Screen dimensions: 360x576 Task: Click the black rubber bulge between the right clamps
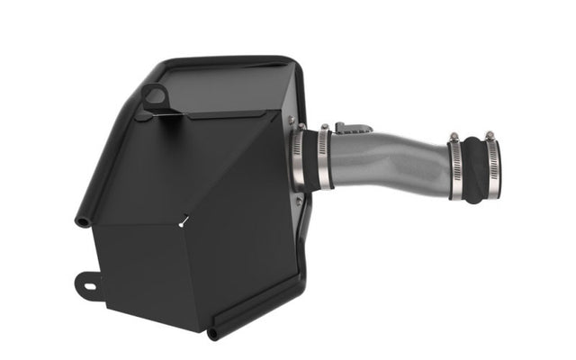[x=473, y=171]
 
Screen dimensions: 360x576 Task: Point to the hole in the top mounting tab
[x=156, y=94]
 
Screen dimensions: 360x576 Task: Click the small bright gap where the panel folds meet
[x=184, y=218]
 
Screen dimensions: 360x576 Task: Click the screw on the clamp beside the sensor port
[x=325, y=129]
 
